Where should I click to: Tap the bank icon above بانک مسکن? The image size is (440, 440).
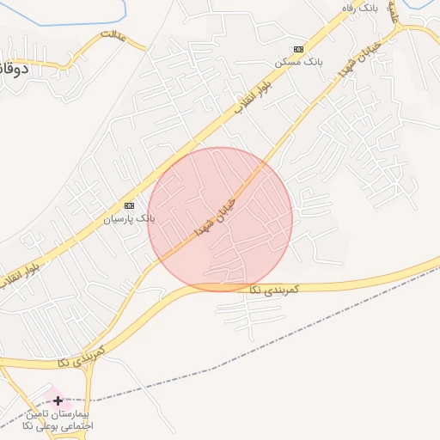[x=298, y=50]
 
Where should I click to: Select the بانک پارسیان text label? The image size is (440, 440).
[x=129, y=218]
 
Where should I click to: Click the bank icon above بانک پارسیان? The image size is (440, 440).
[x=130, y=205]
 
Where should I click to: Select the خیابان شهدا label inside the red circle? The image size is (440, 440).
[x=214, y=214]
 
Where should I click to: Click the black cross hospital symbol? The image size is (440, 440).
[x=58, y=400]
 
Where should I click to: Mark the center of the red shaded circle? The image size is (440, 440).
[x=220, y=219]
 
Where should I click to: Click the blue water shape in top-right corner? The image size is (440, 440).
[x=425, y=9]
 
